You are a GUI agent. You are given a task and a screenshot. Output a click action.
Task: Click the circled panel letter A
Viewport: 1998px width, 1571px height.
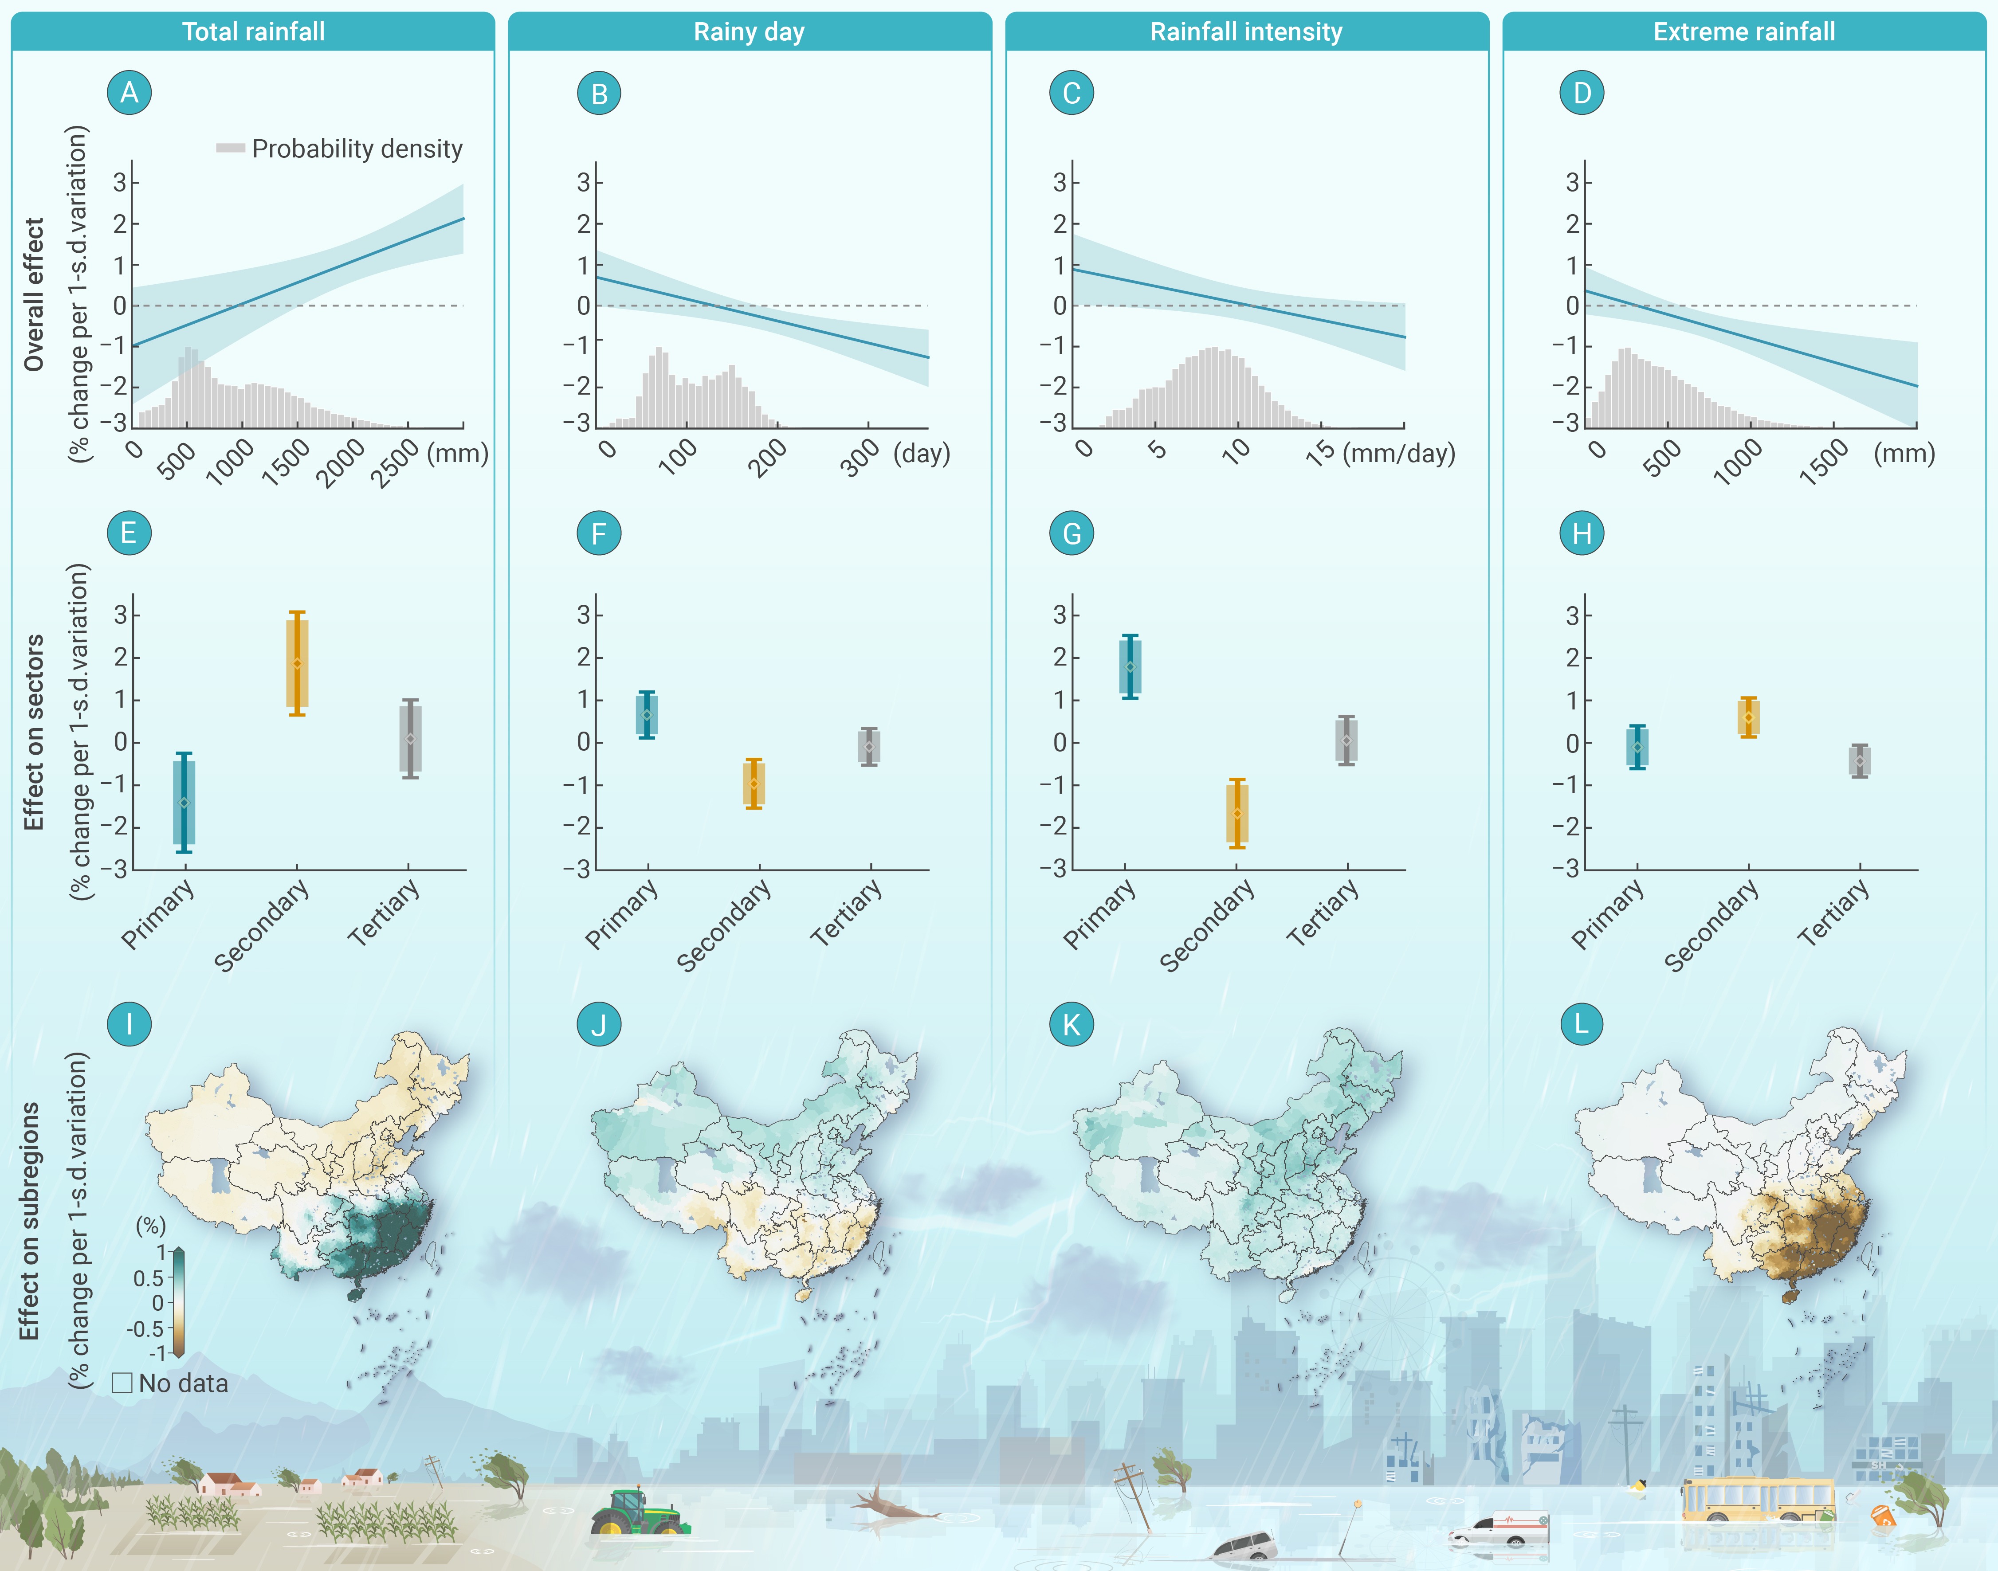(x=129, y=93)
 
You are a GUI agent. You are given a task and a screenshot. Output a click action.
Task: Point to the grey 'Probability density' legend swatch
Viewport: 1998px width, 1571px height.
(x=230, y=148)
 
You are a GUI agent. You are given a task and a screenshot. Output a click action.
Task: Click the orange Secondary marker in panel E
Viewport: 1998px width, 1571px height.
(x=296, y=663)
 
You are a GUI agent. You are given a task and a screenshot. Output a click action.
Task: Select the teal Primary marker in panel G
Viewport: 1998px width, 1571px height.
(x=1130, y=667)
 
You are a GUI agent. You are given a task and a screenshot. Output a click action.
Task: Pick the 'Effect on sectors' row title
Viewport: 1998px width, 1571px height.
(x=34, y=732)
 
